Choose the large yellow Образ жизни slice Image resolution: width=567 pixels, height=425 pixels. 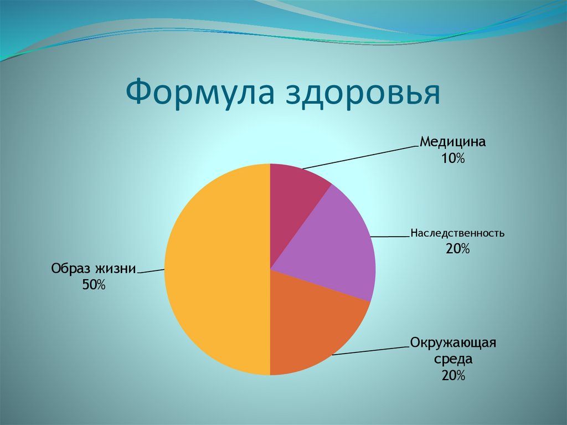(216, 272)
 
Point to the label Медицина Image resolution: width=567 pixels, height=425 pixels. (452, 142)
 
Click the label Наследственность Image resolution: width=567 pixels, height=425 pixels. (457, 233)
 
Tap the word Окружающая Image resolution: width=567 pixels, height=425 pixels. (453, 342)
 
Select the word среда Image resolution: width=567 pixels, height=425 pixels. (453, 359)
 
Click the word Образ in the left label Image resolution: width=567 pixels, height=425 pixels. (70, 269)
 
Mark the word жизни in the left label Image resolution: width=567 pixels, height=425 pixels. (115, 269)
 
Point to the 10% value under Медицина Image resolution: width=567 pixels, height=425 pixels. (452, 158)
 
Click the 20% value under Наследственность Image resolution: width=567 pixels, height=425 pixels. (457, 249)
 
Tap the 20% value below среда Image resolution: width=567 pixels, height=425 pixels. (453, 376)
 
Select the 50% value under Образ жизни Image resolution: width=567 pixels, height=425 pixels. (94, 285)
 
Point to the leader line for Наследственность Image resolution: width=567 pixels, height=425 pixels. (390, 237)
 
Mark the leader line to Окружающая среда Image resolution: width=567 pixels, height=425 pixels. (371, 351)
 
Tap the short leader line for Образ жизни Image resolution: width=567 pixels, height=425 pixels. (151, 272)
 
